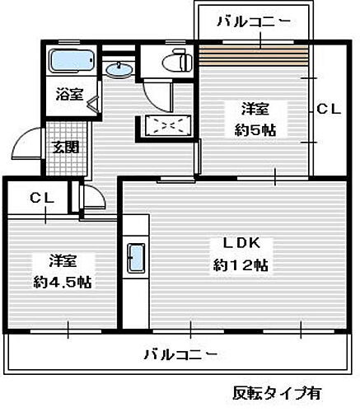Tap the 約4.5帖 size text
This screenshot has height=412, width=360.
point(63,282)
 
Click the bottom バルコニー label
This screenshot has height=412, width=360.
point(180,354)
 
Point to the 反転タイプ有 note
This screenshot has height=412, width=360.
point(277,392)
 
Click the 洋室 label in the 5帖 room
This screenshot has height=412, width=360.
point(254,108)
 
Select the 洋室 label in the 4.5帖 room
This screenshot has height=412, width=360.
point(63,260)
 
